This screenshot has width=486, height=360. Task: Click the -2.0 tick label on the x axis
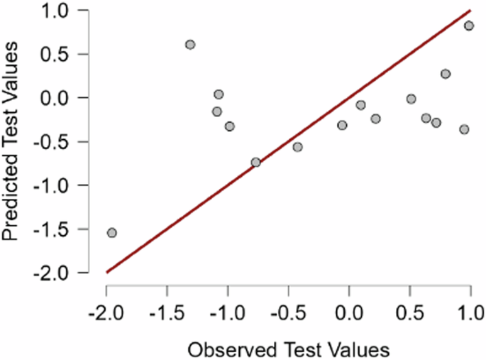[x=106, y=312]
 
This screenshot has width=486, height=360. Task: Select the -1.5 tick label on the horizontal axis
[x=167, y=312]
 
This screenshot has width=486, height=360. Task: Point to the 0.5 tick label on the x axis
[x=409, y=312]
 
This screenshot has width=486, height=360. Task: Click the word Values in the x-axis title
[x=358, y=349]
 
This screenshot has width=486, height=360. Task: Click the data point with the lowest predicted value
[x=111, y=232]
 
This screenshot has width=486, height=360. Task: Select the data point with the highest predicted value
[x=469, y=26]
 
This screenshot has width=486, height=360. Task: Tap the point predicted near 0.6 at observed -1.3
[x=190, y=45]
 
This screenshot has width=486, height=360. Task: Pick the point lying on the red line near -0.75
[x=255, y=162]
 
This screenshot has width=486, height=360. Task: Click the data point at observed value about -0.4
[x=297, y=147]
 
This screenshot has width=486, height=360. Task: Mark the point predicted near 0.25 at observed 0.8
[x=446, y=74]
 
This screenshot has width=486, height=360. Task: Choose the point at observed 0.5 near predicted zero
[x=411, y=99]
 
